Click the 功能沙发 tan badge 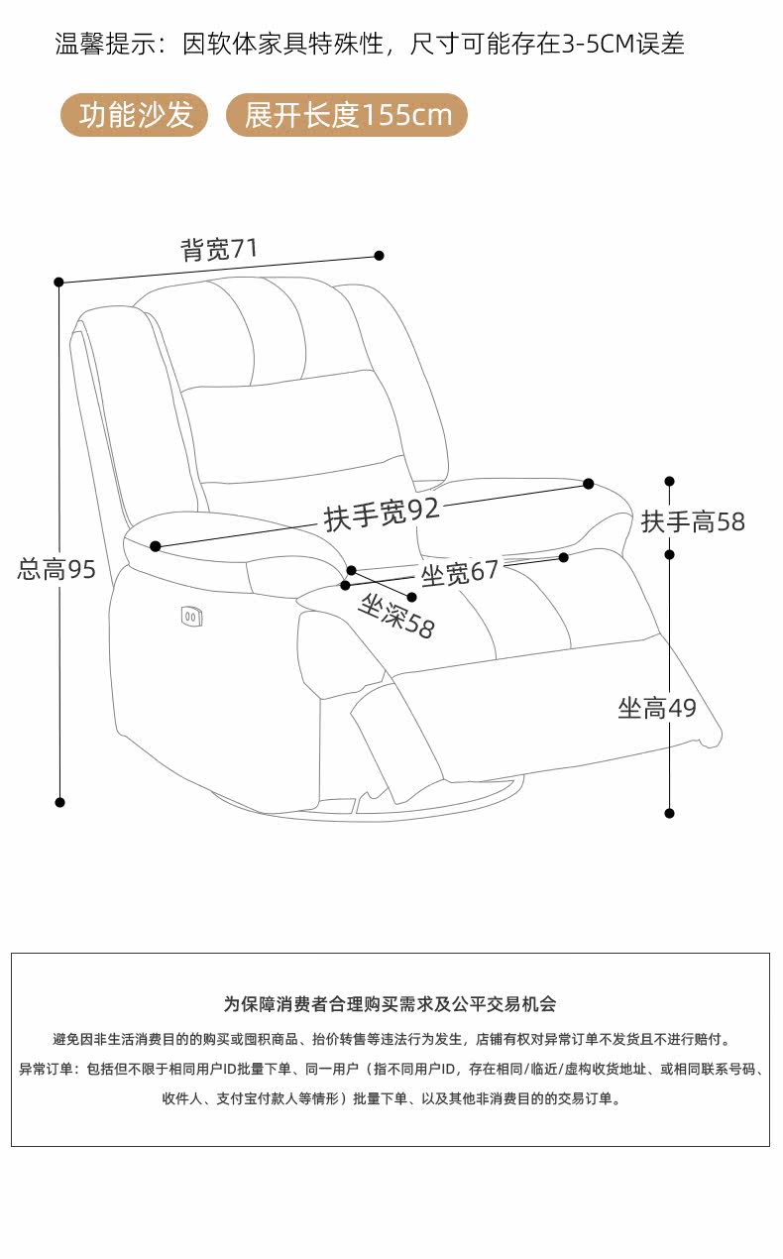coord(136,115)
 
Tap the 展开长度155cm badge coord(347,115)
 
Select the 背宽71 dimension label coord(219,249)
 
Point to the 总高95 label coord(56,569)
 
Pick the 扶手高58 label coord(693,521)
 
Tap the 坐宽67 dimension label coord(460,573)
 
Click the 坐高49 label coord(657,708)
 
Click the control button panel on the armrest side coord(192,617)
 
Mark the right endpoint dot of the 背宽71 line coord(379,256)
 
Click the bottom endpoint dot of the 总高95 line coord(59,802)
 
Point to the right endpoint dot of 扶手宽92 coord(588,484)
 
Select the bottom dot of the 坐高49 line coord(669,813)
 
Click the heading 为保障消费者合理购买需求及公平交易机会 coord(391,1004)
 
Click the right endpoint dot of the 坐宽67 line coord(563,557)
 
